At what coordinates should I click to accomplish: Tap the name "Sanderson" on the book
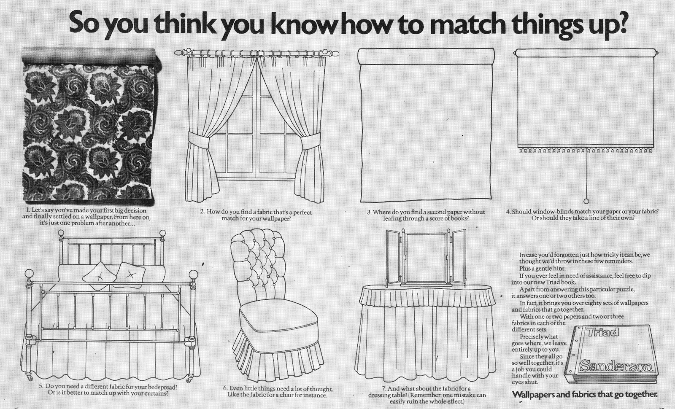[x=616, y=366]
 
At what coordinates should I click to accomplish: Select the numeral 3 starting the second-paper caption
[x=369, y=213]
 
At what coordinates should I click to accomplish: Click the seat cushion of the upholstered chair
[x=279, y=315]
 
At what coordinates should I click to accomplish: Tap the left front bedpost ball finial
[x=29, y=274]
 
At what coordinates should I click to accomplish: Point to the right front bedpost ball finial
[x=194, y=275]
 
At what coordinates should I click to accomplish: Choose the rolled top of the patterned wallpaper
[x=89, y=55]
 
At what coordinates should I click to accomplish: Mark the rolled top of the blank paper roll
[x=426, y=57]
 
